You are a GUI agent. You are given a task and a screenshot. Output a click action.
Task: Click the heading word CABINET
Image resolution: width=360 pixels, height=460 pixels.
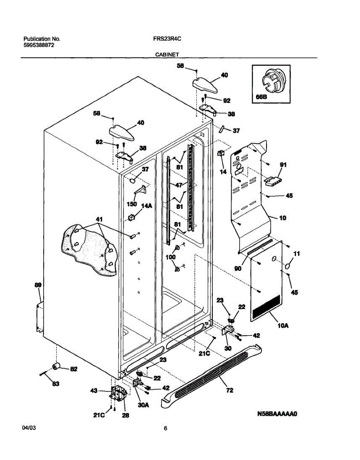click(x=167, y=54)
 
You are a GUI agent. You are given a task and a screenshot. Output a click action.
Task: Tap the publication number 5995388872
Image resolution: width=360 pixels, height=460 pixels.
click(x=39, y=45)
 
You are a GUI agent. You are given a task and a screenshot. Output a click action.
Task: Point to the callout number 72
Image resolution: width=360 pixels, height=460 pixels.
click(x=230, y=390)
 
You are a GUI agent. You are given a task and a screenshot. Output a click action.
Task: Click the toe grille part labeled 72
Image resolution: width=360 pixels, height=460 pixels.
click(x=211, y=375)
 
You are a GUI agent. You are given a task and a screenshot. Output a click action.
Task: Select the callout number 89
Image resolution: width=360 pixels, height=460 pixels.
click(x=38, y=285)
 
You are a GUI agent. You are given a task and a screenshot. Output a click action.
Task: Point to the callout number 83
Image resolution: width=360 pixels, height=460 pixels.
click(x=56, y=384)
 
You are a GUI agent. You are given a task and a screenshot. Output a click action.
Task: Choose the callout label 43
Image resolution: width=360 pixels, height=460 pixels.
click(x=94, y=390)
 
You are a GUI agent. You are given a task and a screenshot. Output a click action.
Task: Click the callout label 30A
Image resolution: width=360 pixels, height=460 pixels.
click(x=143, y=405)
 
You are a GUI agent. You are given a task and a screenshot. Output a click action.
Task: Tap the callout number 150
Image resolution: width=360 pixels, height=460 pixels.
click(x=132, y=204)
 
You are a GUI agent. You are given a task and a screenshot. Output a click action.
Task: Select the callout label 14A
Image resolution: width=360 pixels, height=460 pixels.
click(x=147, y=205)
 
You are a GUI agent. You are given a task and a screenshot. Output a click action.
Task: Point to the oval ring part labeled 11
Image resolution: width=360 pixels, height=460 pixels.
click(x=288, y=266)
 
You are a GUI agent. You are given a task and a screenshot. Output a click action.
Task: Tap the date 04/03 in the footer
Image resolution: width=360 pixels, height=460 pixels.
click(x=29, y=428)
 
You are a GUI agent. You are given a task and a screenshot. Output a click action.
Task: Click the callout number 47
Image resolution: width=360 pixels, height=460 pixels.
click(x=179, y=185)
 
